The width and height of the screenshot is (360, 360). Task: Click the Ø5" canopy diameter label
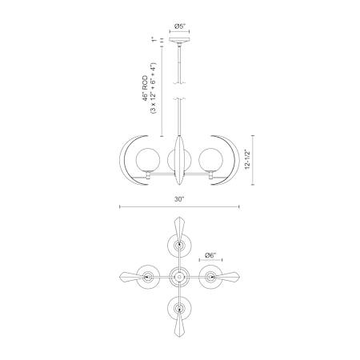coord(180,26)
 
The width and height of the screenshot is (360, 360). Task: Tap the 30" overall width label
coord(179,199)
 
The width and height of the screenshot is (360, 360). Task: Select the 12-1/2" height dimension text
coord(248,160)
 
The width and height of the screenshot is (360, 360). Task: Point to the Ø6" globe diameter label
coord(210,255)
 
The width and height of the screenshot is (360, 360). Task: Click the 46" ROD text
coord(145,88)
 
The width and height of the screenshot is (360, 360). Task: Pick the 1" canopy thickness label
coord(153,40)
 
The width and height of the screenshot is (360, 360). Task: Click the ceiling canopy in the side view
coord(179,40)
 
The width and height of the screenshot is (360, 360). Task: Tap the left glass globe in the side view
coord(148,160)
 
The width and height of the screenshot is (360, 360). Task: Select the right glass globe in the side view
coord(210,160)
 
